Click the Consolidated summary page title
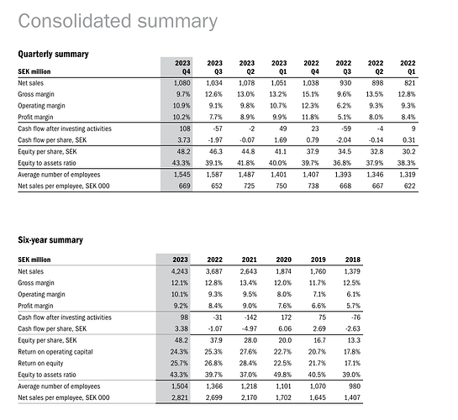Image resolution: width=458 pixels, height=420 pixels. click(118, 22)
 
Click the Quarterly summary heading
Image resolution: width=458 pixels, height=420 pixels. click(53, 54)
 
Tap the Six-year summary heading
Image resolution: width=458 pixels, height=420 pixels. click(50, 240)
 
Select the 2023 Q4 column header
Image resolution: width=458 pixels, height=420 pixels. click(182, 67)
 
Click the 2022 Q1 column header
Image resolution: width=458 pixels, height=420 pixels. click(408, 67)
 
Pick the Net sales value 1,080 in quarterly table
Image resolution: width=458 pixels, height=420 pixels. click(182, 83)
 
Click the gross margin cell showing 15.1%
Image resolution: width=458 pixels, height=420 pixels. click(310, 94)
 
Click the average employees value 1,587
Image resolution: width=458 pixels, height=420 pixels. click(214, 175)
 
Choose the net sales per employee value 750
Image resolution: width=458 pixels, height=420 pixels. click(281, 186)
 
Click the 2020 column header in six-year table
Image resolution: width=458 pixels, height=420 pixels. click(283, 260)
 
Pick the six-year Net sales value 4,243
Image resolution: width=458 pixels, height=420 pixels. click(180, 271)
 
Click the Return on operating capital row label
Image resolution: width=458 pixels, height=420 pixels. click(55, 352)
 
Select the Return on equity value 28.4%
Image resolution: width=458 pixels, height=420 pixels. click(248, 364)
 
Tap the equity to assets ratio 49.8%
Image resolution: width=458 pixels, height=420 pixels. click(282, 375)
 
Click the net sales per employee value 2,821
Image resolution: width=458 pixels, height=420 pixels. click(180, 397)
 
